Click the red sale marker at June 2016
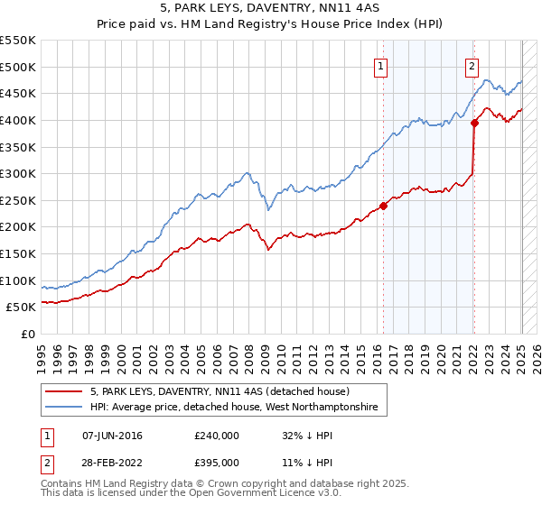point(383,206)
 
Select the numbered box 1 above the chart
point(381,66)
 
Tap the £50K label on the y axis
point(22,308)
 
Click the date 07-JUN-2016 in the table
point(112,435)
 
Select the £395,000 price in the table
point(216,462)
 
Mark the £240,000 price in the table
point(216,435)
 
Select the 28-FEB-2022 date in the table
point(112,462)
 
